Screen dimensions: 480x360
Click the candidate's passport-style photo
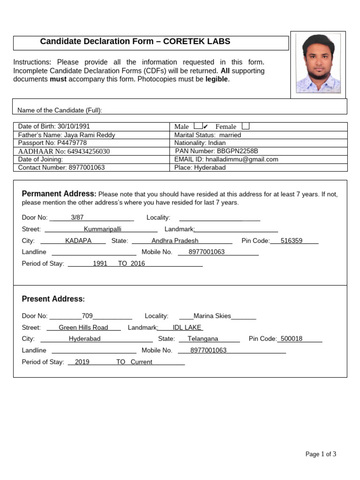(318, 64)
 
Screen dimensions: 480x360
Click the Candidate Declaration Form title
(135, 42)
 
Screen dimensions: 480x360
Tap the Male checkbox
(198, 126)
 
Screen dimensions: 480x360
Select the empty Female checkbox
(245, 126)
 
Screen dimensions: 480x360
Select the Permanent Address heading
(59, 194)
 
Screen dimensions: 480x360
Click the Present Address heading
(53, 299)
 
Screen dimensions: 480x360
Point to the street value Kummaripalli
(102, 229)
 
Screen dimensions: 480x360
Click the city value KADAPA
(78, 241)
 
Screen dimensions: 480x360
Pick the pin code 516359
(291, 241)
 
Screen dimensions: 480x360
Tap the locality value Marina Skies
(212, 316)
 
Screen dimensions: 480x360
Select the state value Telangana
(202, 339)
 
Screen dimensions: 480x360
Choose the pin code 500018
(291, 339)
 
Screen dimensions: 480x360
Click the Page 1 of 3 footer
(321, 454)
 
